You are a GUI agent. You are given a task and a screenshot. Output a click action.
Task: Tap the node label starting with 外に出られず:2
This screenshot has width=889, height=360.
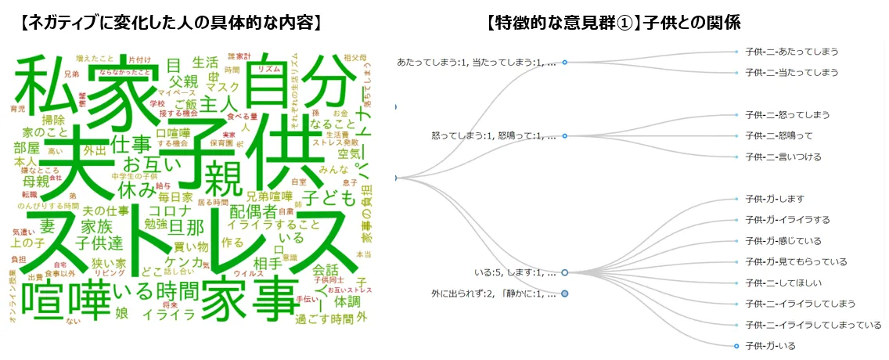coord(493,293)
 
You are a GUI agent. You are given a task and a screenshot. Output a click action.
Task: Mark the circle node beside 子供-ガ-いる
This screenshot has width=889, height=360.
coord(736,345)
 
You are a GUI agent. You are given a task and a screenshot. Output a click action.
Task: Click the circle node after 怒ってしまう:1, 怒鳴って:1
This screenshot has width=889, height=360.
coord(564,135)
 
